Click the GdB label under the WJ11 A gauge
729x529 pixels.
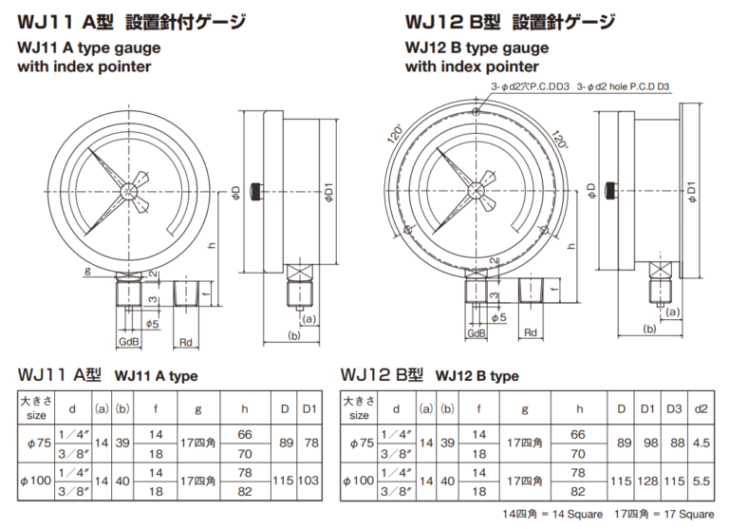pos(129,341)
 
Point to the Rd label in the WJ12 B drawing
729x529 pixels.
pos(531,332)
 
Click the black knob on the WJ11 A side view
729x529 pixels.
pos(255,192)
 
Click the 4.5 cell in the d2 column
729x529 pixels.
pos(701,442)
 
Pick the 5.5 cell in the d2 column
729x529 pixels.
pos(701,482)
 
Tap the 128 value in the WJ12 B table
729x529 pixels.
pos(647,482)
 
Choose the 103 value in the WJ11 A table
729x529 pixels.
pos(308,482)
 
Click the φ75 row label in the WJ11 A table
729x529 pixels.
pos(34,442)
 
